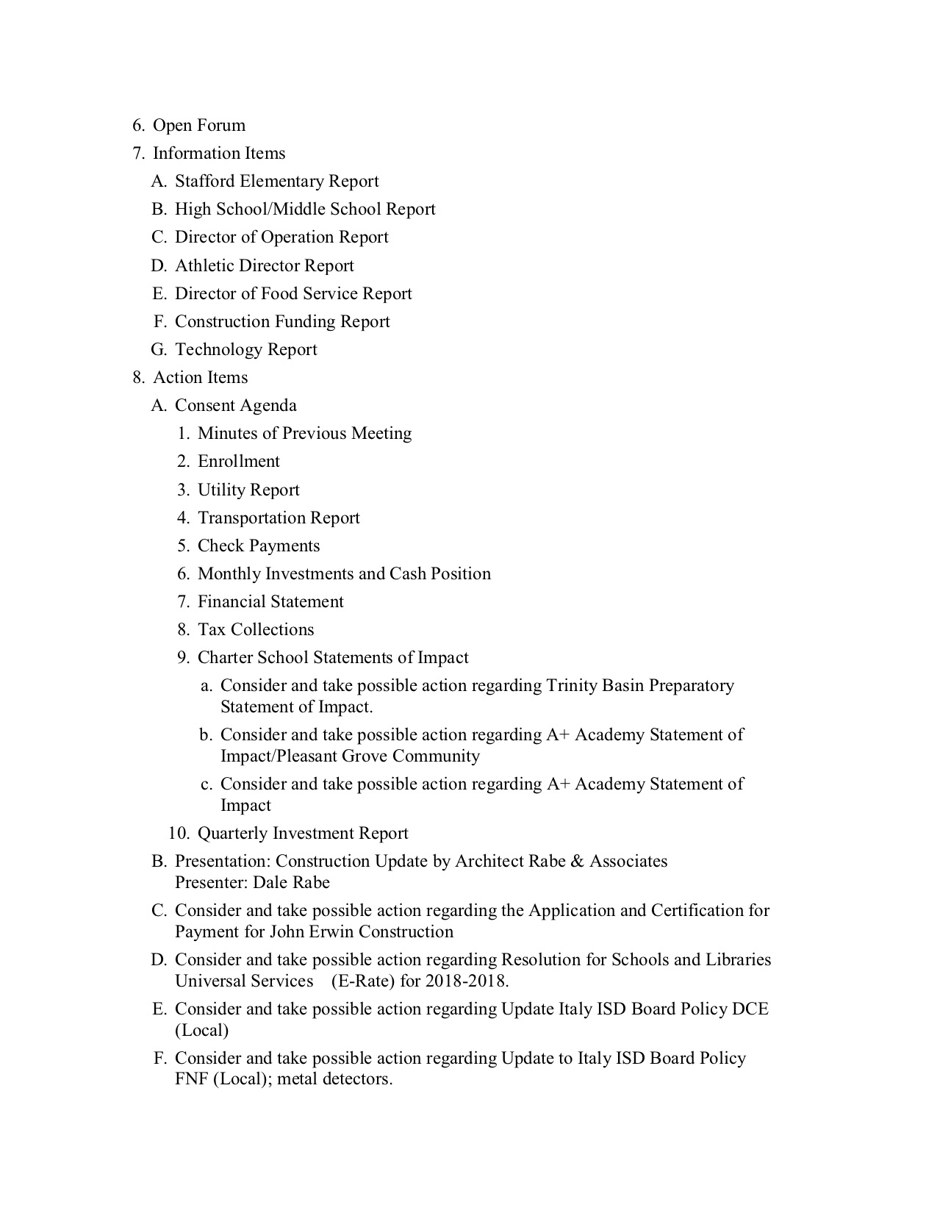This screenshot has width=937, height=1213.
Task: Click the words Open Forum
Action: (x=198, y=126)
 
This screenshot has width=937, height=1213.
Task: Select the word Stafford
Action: (x=205, y=182)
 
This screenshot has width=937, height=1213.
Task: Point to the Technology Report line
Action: (x=245, y=350)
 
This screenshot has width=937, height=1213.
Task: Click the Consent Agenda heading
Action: (x=235, y=406)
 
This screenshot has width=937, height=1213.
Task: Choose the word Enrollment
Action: (x=238, y=462)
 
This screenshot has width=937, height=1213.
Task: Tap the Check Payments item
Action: (x=258, y=546)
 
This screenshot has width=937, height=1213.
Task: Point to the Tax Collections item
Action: (x=255, y=630)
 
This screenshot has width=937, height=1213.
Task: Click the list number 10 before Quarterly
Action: (x=179, y=834)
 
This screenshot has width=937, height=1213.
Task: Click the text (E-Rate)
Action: (x=362, y=981)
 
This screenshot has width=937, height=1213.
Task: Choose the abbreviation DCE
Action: (x=750, y=1009)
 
